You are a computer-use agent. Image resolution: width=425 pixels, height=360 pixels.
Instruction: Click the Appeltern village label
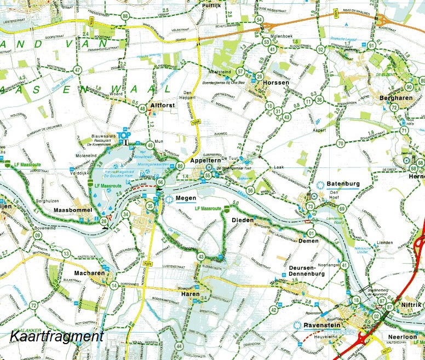click(206, 161)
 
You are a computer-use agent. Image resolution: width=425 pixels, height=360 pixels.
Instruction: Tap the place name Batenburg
click(342, 184)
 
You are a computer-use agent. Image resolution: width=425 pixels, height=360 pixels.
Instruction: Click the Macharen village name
click(76, 273)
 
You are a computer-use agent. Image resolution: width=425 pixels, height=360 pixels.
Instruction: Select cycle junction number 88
click(126, 16)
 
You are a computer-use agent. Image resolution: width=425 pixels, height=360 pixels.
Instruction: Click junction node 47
click(78, 70)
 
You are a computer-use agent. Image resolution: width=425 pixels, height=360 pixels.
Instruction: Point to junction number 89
click(180, 166)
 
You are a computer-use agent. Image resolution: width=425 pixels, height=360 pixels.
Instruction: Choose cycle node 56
click(250, 190)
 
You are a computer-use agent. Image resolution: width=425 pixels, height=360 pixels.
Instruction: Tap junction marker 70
click(340, 144)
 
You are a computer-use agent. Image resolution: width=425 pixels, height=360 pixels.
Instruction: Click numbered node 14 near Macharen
click(114, 286)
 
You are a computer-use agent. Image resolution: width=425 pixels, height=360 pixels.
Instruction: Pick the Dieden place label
click(243, 220)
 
